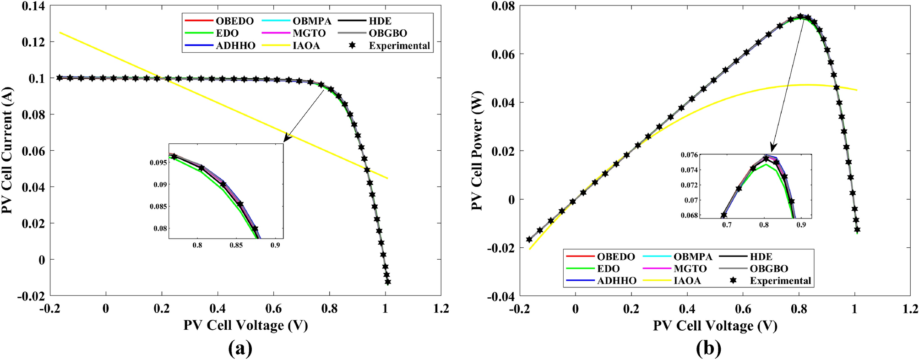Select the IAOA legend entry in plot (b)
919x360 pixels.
pyautogui.click(x=687, y=281)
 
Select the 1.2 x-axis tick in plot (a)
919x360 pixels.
pyautogui.click(x=441, y=309)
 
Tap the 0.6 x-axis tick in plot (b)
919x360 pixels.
pyautogui.click(x=743, y=309)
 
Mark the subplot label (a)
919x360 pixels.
pyautogui.click(x=240, y=349)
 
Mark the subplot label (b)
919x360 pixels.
pyautogui.click(x=708, y=349)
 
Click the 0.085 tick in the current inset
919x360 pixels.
pyautogui.click(x=158, y=207)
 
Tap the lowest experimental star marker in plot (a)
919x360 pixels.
pyautogui.click(x=388, y=282)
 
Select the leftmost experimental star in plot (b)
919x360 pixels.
pyautogui.click(x=529, y=239)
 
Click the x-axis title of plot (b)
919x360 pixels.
pyautogui.click(x=715, y=326)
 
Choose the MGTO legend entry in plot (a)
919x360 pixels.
pyautogui.click(x=309, y=33)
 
